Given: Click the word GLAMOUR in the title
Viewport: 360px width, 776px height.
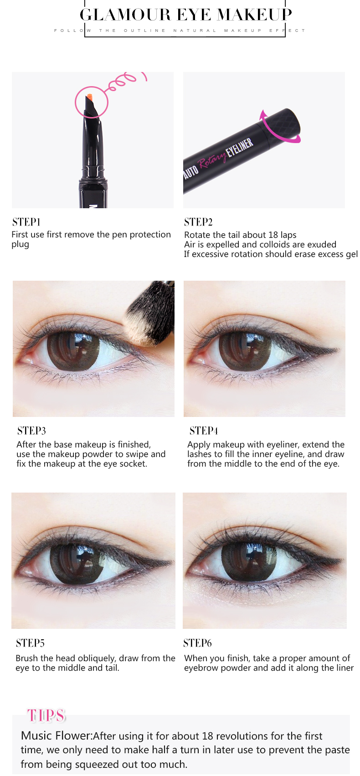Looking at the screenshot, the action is [125, 15].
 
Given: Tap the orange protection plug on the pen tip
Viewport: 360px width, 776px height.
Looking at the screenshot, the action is [89, 98].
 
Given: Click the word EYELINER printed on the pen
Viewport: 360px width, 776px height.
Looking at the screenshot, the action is [239, 148].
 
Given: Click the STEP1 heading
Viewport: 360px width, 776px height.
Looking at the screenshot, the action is [26, 222].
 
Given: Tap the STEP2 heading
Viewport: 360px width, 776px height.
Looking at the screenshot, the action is [198, 222].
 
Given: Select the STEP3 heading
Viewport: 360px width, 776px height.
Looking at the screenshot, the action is [31, 431].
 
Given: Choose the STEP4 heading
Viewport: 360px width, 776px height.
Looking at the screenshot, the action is [204, 431].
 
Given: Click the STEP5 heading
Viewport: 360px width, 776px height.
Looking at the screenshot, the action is [30, 643].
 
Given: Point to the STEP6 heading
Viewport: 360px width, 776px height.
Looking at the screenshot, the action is [197, 643].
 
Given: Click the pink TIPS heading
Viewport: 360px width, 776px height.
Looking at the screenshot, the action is [46, 715].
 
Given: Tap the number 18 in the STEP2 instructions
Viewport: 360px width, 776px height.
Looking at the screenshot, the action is [273, 235].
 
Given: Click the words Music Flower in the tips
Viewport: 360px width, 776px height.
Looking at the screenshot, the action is [56, 736].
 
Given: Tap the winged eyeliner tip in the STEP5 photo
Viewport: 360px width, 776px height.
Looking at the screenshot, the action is [172, 562].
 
